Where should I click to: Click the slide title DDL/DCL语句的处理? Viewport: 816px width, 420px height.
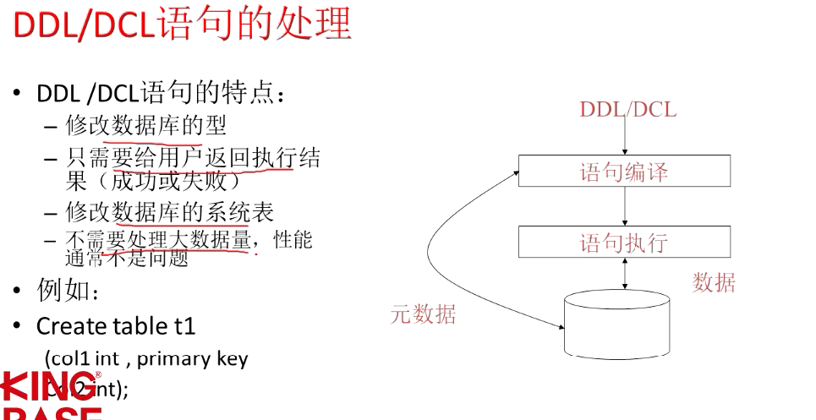point(182,25)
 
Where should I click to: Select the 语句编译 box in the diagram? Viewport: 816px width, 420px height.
point(624,172)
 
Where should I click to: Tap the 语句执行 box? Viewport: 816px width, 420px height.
point(624,243)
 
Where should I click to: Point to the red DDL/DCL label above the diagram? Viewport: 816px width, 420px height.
point(627,109)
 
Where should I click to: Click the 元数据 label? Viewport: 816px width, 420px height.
point(423,315)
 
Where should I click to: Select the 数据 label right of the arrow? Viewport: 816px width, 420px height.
point(714,282)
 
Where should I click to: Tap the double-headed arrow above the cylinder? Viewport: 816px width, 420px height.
point(625,274)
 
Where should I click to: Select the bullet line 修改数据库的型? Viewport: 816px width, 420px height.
point(146,126)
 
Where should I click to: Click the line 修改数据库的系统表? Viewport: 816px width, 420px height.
point(169,211)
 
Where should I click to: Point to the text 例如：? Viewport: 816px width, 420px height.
point(68,292)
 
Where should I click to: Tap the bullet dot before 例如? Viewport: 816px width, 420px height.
point(17,292)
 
